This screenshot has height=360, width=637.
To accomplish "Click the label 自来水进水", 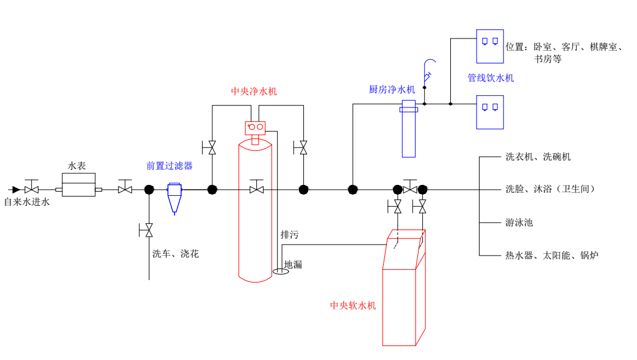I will pyautogui.click(x=27, y=202).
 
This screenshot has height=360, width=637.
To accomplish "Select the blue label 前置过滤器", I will pyautogui.click(x=169, y=166).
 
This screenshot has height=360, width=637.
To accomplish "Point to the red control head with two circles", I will pyautogui.click(x=256, y=127).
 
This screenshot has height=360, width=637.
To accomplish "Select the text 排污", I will pyautogui.click(x=289, y=235).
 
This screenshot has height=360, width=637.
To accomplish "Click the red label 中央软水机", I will pyautogui.click(x=353, y=306).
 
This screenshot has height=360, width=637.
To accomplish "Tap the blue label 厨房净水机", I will pyautogui.click(x=392, y=90).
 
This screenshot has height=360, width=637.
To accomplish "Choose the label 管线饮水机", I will pyautogui.click(x=491, y=78).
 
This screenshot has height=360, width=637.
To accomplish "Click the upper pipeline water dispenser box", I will pyautogui.click(x=490, y=46).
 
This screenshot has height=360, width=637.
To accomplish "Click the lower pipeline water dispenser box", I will pyautogui.click(x=490, y=112).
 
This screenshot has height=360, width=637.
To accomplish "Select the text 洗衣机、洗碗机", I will pyautogui.click(x=538, y=157).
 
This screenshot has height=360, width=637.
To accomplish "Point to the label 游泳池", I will pyautogui.click(x=519, y=223).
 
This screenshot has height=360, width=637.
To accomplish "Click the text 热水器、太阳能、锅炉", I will pyautogui.click(x=552, y=255).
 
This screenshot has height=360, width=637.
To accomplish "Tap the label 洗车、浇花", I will pyautogui.click(x=176, y=254).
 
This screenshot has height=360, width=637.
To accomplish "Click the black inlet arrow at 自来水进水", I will pyautogui.click(x=15, y=190).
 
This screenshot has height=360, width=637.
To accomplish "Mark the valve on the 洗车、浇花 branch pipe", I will pyautogui.click(x=146, y=231).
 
